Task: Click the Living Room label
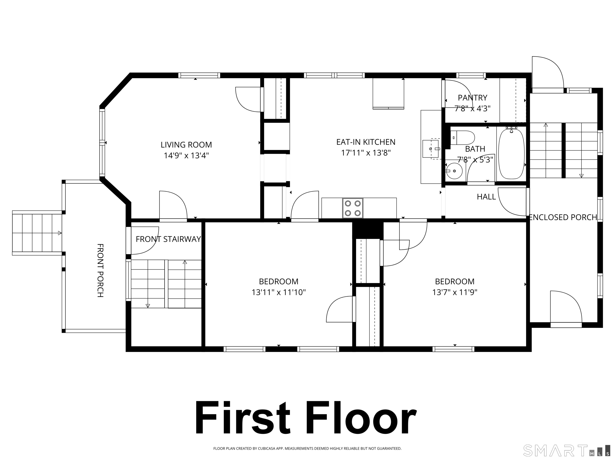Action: pyautogui.click(x=186, y=145)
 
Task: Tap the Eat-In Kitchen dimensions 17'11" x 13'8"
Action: pyautogui.click(x=366, y=153)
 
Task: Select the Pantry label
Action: pyautogui.click(x=473, y=98)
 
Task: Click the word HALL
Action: pyautogui.click(x=486, y=197)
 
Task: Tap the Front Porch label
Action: pyautogui.click(x=100, y=270)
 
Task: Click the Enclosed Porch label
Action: pyautogui.click(x=563, y=217)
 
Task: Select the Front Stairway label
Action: pyautogui.click(x=168, y=239)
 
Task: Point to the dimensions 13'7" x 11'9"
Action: pyautogui.click(x=455, y=292)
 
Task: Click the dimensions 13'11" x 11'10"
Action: pyautogui.click(x=279, y=292)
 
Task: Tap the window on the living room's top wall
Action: pyautogui.click(x=199, y=75)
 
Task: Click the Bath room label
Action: pyautogui.click(x=475, y=149)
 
